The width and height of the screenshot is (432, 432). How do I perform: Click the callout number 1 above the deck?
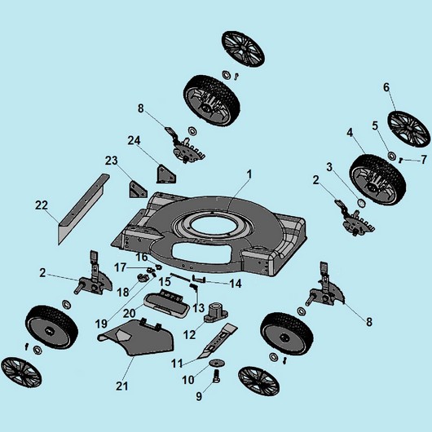249,174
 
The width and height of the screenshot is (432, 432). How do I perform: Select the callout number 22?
42,205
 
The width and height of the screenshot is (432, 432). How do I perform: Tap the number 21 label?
121,386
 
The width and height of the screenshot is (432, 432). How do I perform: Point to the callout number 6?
386,87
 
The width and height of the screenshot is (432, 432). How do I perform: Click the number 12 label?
190,335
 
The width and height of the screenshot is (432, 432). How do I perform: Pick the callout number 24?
134,140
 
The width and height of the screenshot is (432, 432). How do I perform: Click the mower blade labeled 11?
217,341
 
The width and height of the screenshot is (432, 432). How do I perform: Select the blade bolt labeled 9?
216,377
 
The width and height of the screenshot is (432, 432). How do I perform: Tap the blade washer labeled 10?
217,364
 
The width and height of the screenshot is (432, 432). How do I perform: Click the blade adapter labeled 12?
216,313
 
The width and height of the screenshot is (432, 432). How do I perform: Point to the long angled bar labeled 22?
83,209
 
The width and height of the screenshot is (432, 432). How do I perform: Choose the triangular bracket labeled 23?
138,190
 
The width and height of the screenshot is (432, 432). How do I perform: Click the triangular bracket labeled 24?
165,174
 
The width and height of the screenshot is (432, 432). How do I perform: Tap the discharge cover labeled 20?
166,302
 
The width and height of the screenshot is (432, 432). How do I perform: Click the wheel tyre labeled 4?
377,179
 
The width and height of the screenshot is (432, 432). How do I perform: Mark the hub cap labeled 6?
409,130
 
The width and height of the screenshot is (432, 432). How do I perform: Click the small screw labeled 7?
401,160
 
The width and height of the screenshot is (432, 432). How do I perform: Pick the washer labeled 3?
361,202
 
